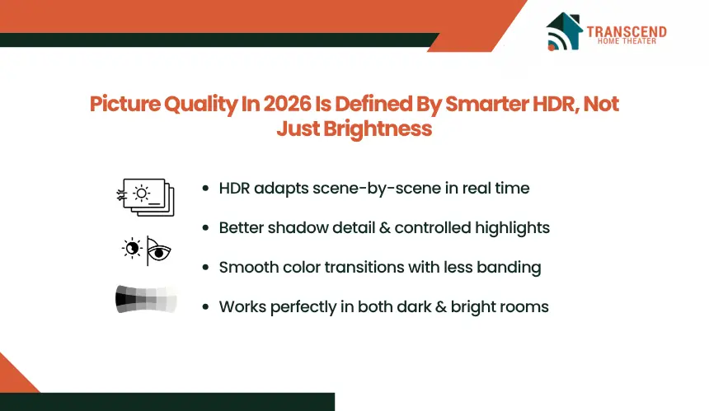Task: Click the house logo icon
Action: [564, 31]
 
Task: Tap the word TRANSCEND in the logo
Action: [627, 31]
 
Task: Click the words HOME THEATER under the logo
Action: [627, 41]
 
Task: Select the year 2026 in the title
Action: [287, 104]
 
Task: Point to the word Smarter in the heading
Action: [486, 104]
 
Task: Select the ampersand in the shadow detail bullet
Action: [385, 227]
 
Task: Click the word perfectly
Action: [303, 307]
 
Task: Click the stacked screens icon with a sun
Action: [145, 198]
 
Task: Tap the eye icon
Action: [159, 251]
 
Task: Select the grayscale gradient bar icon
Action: [146, 299]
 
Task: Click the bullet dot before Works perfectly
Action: [206, 307]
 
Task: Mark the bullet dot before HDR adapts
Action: [206, 189]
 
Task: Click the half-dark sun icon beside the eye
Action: [132, 248]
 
